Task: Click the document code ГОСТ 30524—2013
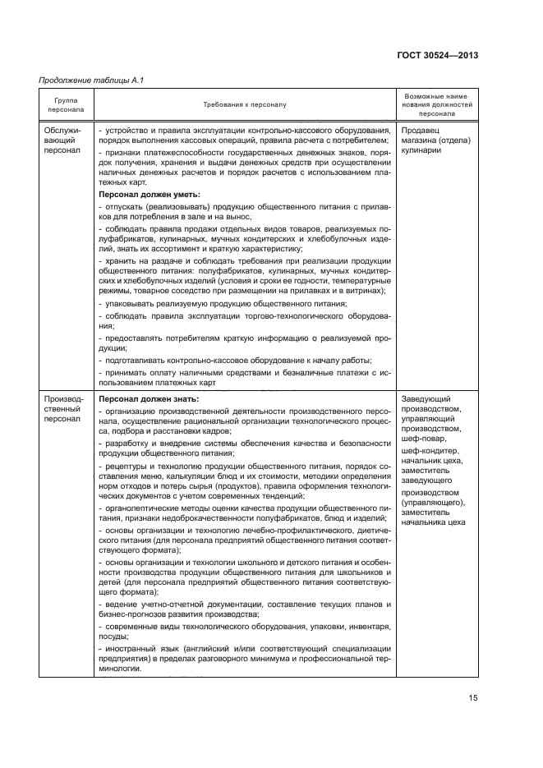[x=438, y=55]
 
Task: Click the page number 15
[x=472, y=698]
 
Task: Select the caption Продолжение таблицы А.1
[x=87, y=80]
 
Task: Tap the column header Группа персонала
[x=67, y=105]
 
